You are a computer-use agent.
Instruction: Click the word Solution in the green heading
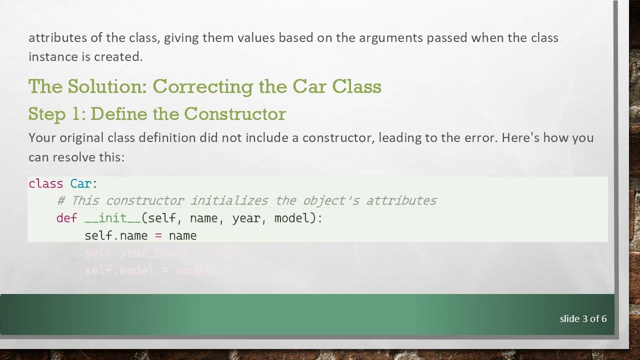click(x=106, y=87)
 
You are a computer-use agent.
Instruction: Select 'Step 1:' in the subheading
click(x=57, y=114)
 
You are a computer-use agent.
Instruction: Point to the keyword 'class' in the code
click(x=45, y=183)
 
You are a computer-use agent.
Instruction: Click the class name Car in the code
click(x=80, y=183)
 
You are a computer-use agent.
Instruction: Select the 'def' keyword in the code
click(x=66, y=218)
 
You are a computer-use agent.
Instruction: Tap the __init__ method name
click(x=112, y=218)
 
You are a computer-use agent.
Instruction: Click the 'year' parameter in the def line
click(x=246, y=218)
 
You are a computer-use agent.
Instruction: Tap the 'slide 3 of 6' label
click(x=583, y=318)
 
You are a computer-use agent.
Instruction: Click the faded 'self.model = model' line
click(x=147, y=270)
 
